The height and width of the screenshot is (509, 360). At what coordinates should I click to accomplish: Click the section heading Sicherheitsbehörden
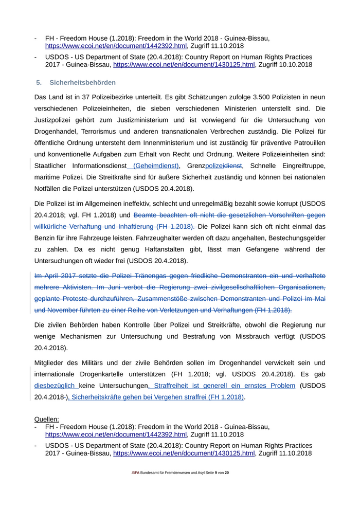(x=82, y=82)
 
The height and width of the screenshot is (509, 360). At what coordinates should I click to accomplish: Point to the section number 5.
(x=39, y=82)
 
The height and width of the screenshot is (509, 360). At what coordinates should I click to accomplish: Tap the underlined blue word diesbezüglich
(x=55, y=386)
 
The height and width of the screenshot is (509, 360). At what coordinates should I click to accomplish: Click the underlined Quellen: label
(x=46, y=419)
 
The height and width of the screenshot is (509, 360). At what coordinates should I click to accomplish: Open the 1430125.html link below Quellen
(x=184, y=453)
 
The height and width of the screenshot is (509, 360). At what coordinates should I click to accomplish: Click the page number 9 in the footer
(x=215, y=472)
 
